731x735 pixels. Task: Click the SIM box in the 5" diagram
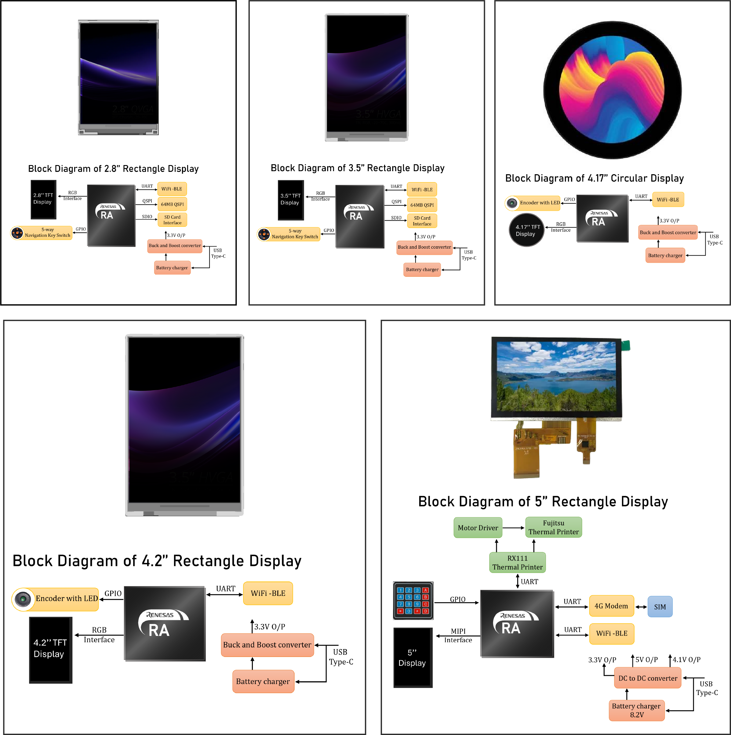660,607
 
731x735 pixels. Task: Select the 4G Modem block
611,606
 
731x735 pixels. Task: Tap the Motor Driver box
478,528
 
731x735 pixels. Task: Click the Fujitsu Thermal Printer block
554,527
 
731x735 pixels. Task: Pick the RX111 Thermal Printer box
518,563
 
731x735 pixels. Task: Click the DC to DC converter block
648,678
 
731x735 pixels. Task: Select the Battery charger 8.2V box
637,710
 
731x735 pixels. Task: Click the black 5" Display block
413,658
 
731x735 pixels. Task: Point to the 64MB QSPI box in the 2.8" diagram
172,204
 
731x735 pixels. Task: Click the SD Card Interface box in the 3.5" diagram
422,221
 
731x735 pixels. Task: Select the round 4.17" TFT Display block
526,230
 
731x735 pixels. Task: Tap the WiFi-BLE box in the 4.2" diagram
268,593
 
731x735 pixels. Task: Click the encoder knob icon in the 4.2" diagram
23,599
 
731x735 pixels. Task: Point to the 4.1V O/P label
686,660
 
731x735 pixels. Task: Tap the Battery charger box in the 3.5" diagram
422,270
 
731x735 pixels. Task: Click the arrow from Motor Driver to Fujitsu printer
514,528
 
